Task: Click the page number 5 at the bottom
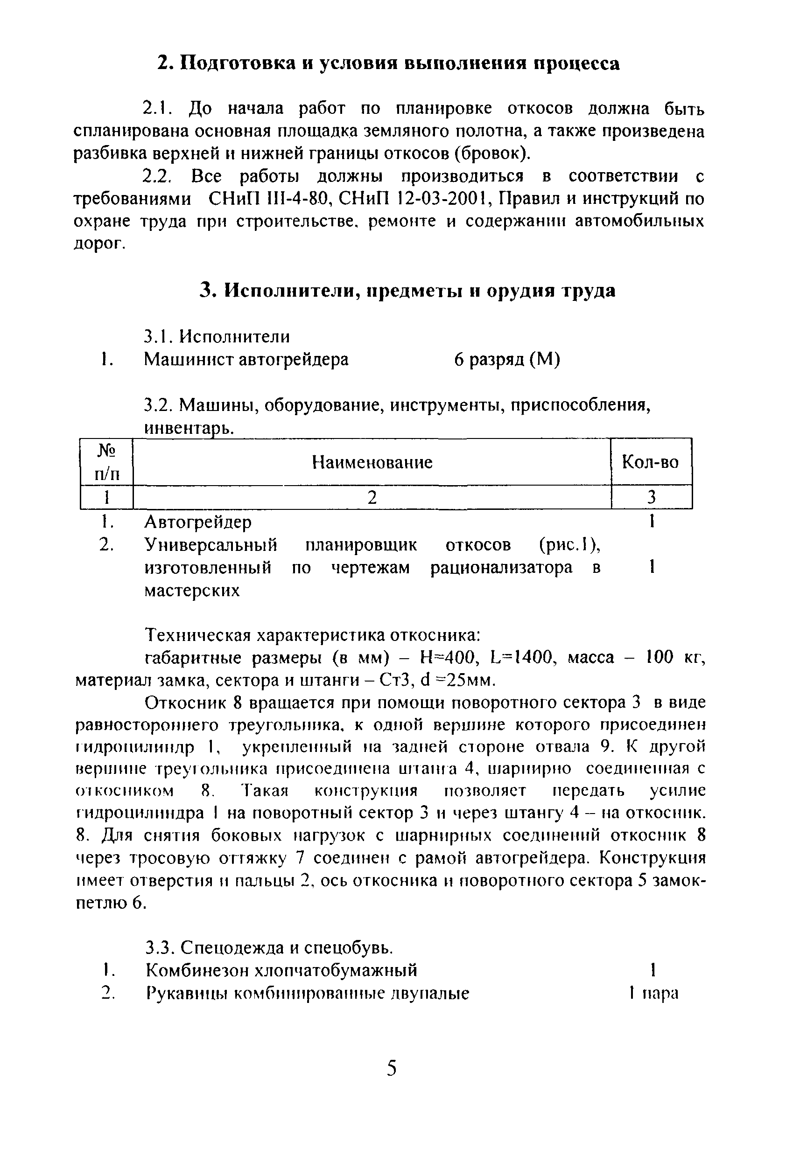[x=392, y=1067]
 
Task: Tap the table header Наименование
[x=372, y=462]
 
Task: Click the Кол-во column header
[x=650, y=461]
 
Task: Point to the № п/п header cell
[x=107, y=462]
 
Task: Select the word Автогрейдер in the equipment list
[x=198, y=522]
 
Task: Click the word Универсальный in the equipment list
[x=211, y=544]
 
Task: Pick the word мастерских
[x=192, y=590]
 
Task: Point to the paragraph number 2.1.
[x=157, y=108]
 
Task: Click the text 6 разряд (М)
[x=507, y=359]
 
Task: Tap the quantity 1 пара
[x=653, y=993]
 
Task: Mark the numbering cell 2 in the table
[x=372, y=497]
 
